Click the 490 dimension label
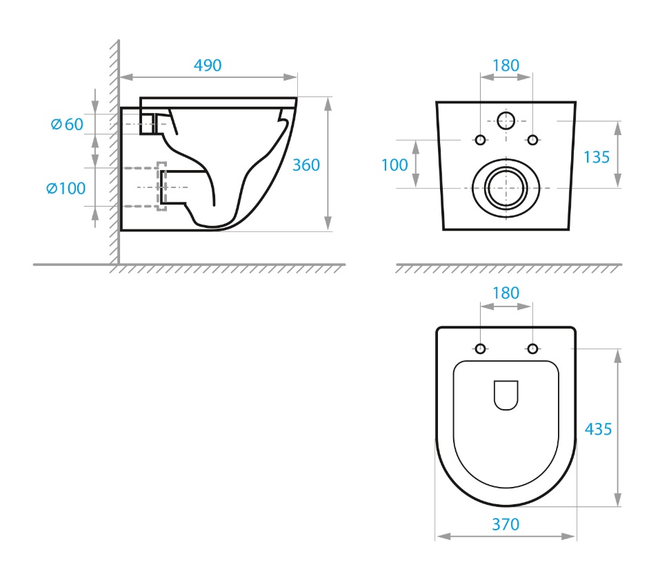208,65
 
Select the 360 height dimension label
306,165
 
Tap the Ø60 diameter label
67,124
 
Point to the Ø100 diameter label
66,188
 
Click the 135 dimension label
597,157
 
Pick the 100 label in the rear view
395,165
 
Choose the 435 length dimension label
598,429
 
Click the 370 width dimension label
506,524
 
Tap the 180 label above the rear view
506,65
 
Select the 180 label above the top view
506,293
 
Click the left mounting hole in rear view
480,139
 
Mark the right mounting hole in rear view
532,139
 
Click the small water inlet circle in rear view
506,121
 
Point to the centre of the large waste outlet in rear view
506,188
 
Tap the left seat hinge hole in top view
480,349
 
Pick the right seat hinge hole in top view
532,349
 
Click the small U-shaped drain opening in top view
506,395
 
